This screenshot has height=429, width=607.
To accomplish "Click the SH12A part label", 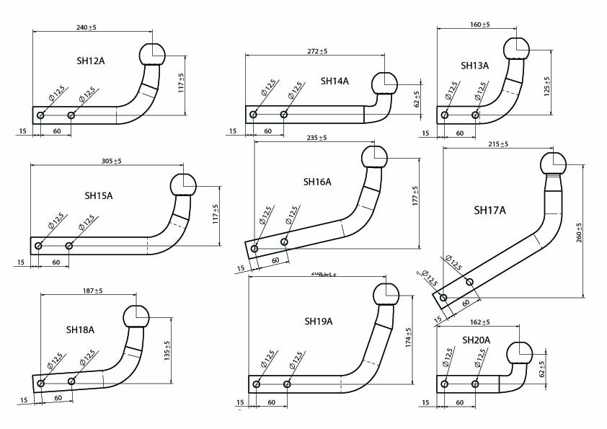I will coord(90,61).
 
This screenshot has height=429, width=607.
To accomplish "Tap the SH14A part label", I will coord(334,81).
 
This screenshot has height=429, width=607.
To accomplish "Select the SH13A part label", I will coord(475,66).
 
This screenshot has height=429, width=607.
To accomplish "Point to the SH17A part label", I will coord(490,211).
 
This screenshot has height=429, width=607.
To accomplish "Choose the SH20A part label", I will coord(476,340).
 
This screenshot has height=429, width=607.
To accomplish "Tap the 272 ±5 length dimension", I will coord(316,51).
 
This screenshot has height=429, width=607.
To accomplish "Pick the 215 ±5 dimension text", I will coord(498,145).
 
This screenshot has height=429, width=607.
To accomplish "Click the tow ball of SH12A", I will coord(151,53).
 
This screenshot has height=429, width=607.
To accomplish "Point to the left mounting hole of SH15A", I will coord(38,247).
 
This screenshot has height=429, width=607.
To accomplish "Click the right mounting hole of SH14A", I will coord(284,114).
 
